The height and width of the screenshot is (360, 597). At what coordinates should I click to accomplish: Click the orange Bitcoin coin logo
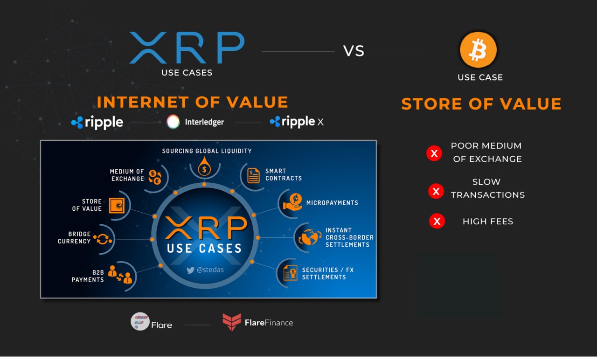click(478, 49)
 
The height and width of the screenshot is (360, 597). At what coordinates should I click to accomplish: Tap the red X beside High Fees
click(437, 221)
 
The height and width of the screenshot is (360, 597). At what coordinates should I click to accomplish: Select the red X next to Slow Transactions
click(436, 191)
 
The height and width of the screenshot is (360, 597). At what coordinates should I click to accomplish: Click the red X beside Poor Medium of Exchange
click(434, 153)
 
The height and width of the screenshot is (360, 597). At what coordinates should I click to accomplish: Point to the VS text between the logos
click(354, 51)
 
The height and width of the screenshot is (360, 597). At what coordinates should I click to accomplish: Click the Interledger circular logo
click(173, 122)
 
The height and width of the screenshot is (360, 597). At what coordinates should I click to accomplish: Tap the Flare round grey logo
click(140, 321)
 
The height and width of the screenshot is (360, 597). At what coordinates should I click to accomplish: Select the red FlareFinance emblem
click(232, 322)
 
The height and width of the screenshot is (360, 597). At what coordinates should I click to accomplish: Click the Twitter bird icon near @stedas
click(190, 270)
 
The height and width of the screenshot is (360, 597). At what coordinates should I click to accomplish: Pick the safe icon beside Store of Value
click(117, 206)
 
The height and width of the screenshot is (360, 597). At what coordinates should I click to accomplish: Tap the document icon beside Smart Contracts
click(253, 176)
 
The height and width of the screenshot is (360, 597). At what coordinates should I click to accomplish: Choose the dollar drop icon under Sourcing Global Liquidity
click(204, 166)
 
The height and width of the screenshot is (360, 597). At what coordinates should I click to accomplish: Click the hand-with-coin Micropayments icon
click(293, 202)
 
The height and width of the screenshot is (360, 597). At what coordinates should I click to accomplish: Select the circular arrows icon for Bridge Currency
click(103, 239)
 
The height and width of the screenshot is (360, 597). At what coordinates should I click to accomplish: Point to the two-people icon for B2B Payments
click(120, 274)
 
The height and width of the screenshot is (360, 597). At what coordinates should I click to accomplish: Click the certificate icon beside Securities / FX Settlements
click(290, 273)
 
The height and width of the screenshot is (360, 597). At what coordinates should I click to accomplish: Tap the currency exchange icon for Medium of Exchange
click(155, 177)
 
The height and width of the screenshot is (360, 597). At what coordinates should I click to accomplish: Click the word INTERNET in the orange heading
click(143, 102)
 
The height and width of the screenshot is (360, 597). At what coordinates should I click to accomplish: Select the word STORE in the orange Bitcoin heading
click(431, 104)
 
